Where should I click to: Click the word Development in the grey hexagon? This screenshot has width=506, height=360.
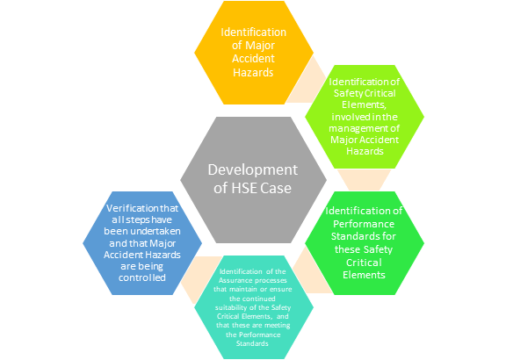pos(252,170)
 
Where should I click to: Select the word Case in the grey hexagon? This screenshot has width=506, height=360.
pos(276,188)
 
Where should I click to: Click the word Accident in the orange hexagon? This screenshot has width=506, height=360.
pos(253,59)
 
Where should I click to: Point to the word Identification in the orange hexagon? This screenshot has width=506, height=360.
pos(253,32)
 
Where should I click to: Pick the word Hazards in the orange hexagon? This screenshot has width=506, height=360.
pos(253,72)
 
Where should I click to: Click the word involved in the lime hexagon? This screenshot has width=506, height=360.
pos(346,117)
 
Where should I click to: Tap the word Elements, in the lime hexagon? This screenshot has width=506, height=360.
pos(364,104)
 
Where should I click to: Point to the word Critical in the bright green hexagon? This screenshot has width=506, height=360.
pos(364,263)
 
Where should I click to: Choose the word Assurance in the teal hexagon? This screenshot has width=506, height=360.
pos(234,280)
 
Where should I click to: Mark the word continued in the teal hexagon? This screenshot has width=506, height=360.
pos(258,299)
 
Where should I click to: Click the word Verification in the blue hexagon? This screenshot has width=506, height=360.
pos(128,208)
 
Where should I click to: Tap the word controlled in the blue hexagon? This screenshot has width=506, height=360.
pos(142,277)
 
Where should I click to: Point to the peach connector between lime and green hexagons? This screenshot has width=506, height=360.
pos(364,180)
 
